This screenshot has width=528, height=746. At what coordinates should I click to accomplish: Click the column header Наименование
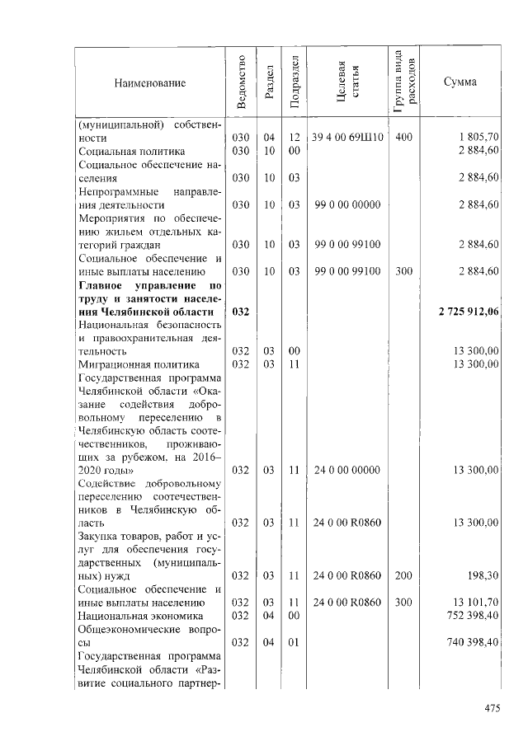click(149, 82)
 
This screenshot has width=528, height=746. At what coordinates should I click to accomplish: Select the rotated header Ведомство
click(240, 82)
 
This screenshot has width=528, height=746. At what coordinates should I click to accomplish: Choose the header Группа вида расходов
click(404, 82)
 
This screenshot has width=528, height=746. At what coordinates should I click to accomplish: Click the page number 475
click(493, 708)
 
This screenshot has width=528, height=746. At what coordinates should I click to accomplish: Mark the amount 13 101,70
click(476, 603)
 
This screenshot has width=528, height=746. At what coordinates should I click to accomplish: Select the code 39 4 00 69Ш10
click(347, 138)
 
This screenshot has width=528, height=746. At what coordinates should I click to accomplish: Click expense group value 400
click(403, 138)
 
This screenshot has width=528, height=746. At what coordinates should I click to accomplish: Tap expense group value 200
click(403, 575)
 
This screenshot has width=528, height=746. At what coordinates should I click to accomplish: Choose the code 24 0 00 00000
click(347, 470)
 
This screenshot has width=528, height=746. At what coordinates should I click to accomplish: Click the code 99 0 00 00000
click(347, 204)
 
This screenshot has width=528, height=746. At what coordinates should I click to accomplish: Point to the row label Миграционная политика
click(139, 364)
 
